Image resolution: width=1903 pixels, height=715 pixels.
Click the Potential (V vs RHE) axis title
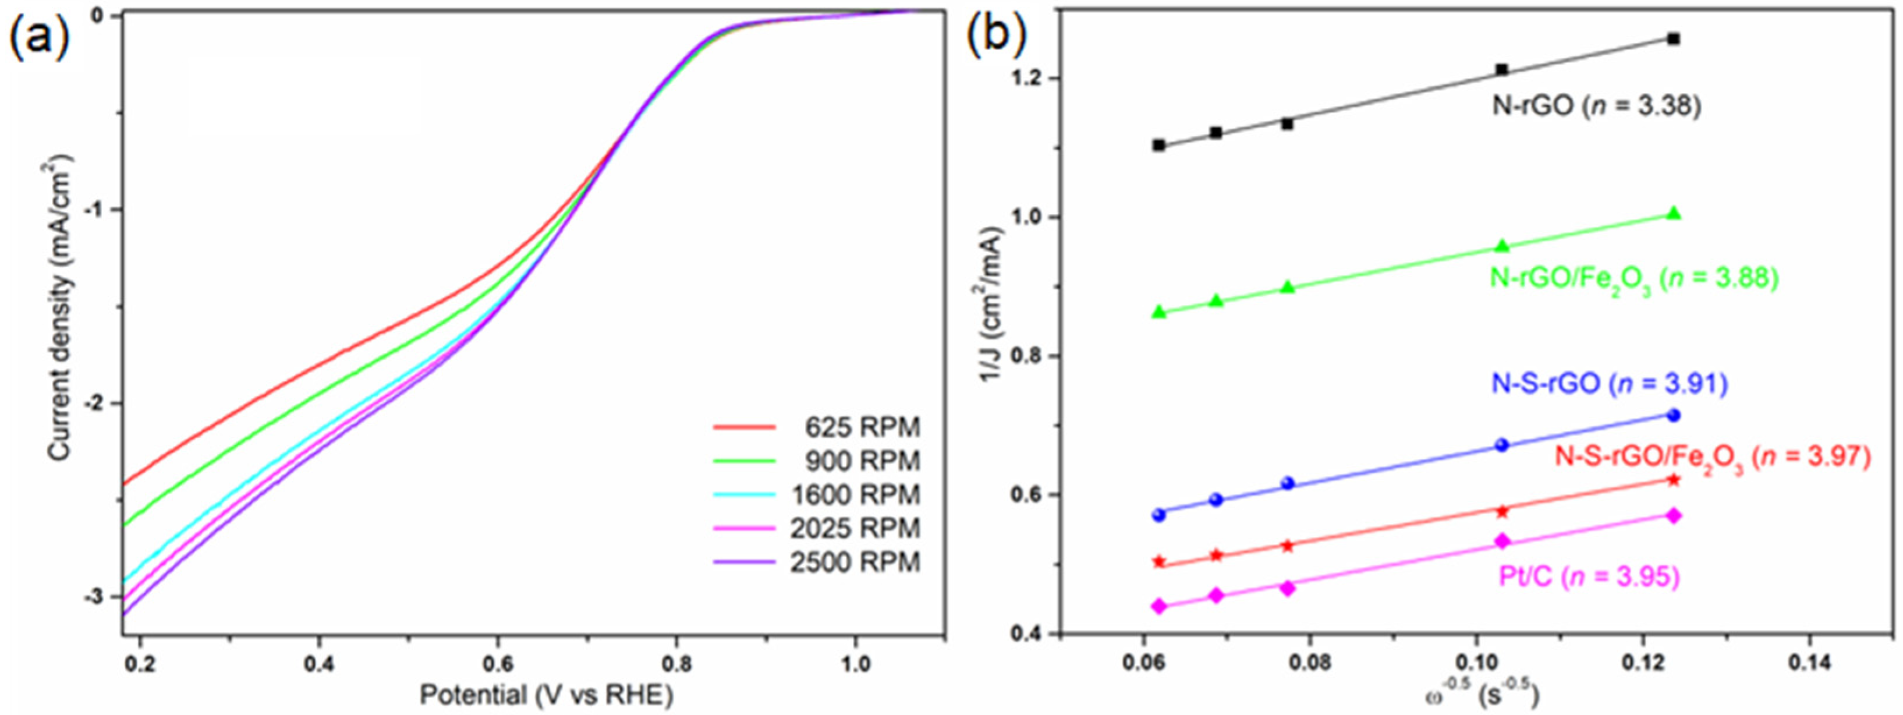[547, 694]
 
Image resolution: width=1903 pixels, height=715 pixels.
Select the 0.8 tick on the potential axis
[678, 663]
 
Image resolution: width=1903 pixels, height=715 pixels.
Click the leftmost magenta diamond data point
[1158, 607]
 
